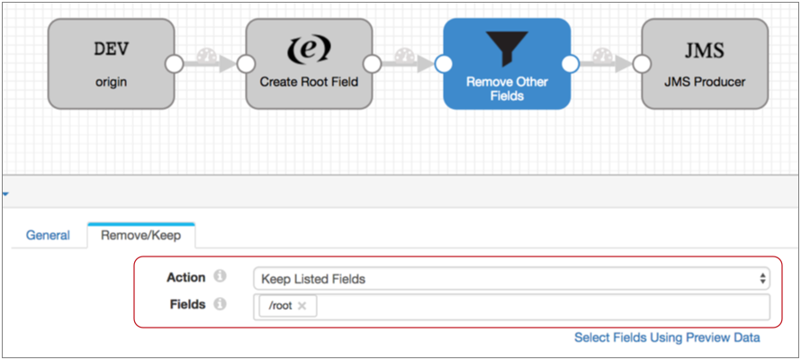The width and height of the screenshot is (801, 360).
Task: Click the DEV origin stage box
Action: pos(111,64)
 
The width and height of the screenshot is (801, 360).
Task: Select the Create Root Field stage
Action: pos(309,64)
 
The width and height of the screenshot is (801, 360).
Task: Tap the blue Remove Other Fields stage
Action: pos(507,64)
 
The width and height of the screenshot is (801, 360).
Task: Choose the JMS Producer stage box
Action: pos(705,64)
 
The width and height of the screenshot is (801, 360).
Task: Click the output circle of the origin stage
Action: pos(174,64)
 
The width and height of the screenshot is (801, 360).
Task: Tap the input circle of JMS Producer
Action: pos(642,64)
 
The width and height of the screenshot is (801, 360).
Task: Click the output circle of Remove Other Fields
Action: pos(570,64)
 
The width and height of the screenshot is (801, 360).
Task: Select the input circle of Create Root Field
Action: pos(246,64)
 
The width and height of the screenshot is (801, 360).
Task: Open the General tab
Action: pos(48,236)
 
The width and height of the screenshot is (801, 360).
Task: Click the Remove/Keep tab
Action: pos(141,236)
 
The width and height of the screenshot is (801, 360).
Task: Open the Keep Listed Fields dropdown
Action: pos(511,279)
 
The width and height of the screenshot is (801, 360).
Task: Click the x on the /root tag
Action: pos(302,306)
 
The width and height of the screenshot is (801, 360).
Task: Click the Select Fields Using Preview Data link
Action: pos(667,337)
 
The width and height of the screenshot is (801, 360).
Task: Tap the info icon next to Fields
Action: pos(220,305)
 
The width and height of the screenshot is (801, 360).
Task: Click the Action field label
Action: pos(185,278)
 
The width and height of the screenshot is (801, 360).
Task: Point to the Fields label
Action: pos(187,305)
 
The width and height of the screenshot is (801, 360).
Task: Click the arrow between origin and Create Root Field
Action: pos(210,64)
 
